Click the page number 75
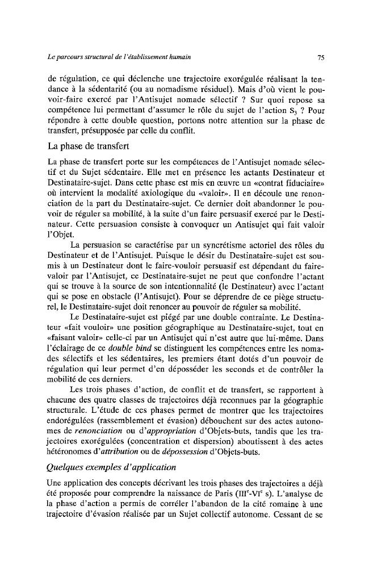click(320, 57)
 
